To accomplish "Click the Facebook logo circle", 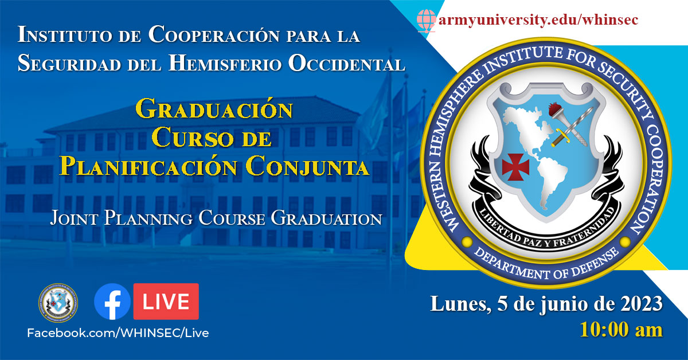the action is pos(112,302).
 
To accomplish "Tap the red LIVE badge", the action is pos(166,302).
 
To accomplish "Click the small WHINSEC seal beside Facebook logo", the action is pos(58,303).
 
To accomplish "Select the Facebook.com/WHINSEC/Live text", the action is pos(118,333).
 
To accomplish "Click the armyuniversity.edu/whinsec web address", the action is pos(538,19).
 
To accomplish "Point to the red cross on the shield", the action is pos(515,167).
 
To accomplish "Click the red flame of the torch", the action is pos(556,109).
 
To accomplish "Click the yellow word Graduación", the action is pos(214,108).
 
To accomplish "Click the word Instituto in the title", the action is pos(64,34).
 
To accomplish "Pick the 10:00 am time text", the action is pos(621,330).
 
